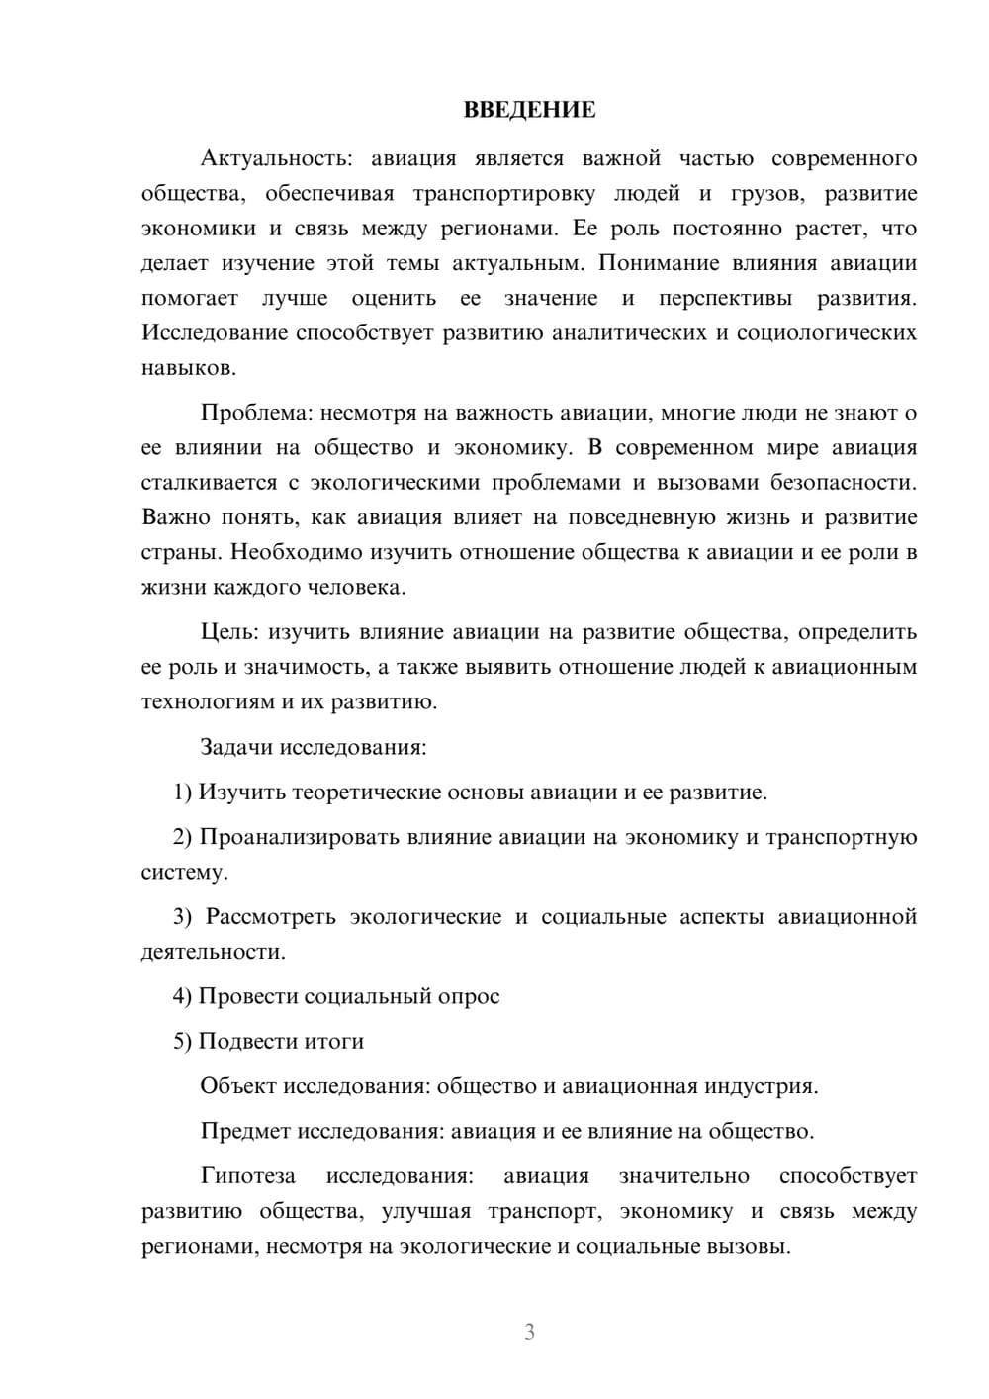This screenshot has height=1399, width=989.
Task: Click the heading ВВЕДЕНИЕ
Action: click(x=529, y=110)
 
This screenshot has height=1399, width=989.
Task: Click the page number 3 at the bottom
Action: click(x=529, y=1332)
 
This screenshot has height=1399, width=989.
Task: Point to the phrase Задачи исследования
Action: click(x=313, y=747)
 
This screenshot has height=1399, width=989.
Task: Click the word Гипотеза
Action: click(x=247, y=1176)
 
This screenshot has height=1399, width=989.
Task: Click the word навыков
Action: click(x=189, y=368)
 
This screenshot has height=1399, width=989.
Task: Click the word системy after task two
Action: click(x=184, y=873)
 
